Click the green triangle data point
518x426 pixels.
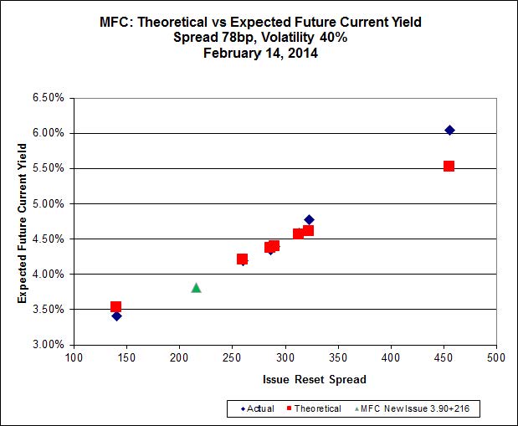tap(196, 287)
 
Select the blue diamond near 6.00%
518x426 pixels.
tap(449, 130)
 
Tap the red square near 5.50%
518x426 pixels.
tap(449, 166)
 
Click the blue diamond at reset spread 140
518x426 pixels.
tap(116, 316)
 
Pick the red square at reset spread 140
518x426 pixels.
tap(115, 307)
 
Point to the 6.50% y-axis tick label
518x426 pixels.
tap(49, 98)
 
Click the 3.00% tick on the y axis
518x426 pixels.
tap(49, 344)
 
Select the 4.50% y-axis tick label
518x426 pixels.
tap(49, 239)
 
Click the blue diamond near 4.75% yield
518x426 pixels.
tap(309, 220)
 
